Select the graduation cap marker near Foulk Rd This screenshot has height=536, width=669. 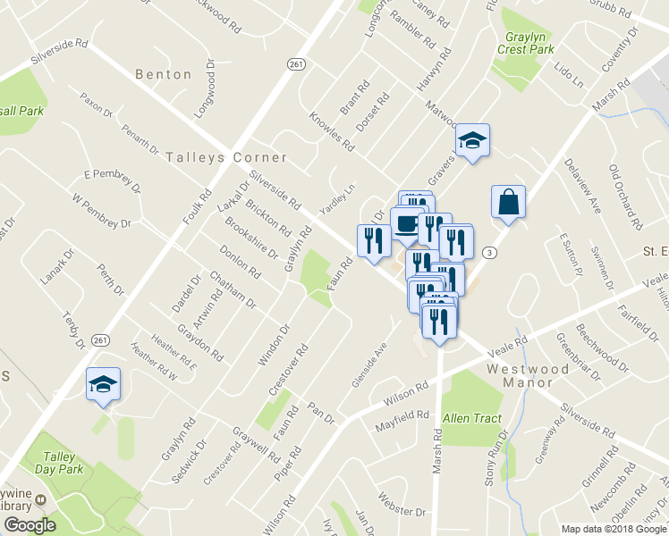(x=103, y=384)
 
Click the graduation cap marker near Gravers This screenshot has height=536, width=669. (x=472, y=140)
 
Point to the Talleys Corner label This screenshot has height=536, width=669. (x=227, y=157)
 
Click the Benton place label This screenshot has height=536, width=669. (x=164, y=75)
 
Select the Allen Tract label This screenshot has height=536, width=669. (x=472, y=417)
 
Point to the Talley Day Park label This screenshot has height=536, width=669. (x=59, y=462)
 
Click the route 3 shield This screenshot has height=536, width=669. (x=489, y=254)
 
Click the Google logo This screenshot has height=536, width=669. (x=30, y=525)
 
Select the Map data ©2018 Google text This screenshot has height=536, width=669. (x=613, y=529)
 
